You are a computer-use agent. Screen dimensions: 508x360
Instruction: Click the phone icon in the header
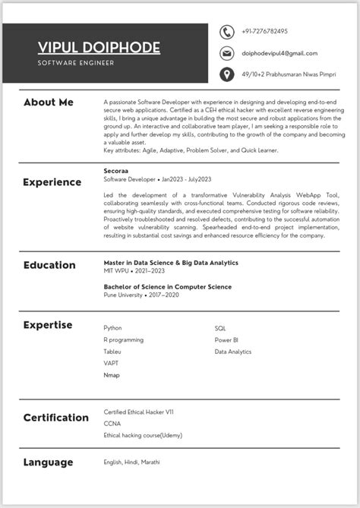pyautogui.click(x=226, y=32)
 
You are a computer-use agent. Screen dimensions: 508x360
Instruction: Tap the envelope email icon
pyautogui.click(x=226, y=53)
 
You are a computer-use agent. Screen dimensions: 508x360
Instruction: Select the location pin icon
pyautogui.click(x=226, y=74)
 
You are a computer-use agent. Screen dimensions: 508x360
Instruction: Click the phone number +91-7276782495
pyautogui.click(x=264, y=32)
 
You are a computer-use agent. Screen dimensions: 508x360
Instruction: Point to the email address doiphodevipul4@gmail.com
pyautogui.click(x=279, y=53)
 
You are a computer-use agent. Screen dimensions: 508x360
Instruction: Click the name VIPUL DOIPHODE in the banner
pyautogui.click(x=99, y=48)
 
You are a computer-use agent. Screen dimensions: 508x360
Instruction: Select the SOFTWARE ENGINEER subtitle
pyautogui.click(x=76, y=63)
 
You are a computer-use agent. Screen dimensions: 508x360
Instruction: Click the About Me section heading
pyautogui.click(x=49, y=102)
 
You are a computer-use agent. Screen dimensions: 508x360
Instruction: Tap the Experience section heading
pyautogui.click(x=52, y=182)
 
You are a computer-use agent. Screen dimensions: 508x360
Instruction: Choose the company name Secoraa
pyautogui.click(x=116, y=171)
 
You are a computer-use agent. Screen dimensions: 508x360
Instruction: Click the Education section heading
pyautogui.click(x=49, y=265)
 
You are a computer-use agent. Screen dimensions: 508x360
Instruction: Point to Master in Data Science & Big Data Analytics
pyautogui.click(x=171, y=262)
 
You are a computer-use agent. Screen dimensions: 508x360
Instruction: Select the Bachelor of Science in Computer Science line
pyautogui.click(x=167, y=287)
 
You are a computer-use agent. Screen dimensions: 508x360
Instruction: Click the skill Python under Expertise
pyautogui.click(x=112, y=328)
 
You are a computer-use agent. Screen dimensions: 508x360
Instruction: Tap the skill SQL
pyautogui.click(x=220, y=328)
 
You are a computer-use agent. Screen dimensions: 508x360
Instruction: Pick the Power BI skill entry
pyautogui.click(x=226, y=340)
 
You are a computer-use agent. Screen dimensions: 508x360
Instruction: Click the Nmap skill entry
pyautogui.click(x=112, y=375)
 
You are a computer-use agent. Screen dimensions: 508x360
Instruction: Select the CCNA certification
pyautogui.click(x=112, y=423)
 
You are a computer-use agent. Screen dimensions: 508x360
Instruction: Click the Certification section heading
pyautogui.click(x=56, y=418)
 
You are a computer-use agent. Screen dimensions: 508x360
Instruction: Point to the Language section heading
pyautogui.click(x=48, y=462)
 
